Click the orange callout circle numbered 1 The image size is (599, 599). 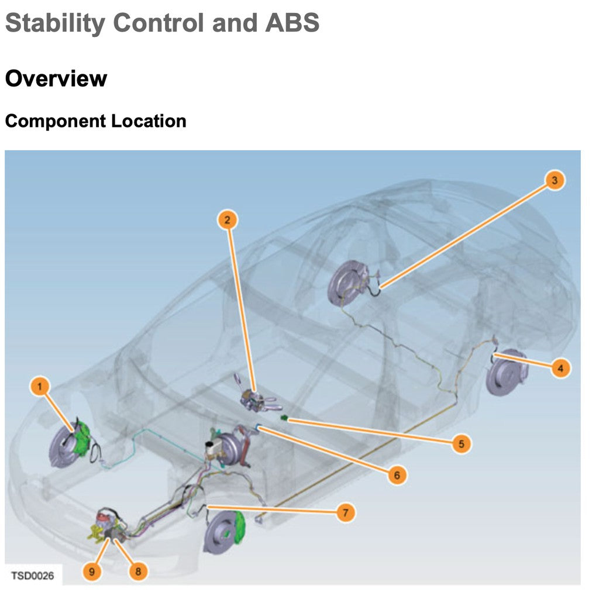coord(40,386)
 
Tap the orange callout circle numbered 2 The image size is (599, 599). coord(228,219)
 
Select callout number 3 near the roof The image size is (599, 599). coord(555,180)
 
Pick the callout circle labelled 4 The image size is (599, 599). coord(560,369)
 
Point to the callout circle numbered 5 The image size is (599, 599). coord(461,444)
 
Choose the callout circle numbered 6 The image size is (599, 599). coord(397,475)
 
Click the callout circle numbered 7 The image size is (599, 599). coord(346,513)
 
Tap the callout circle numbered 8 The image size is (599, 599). coord(138,571)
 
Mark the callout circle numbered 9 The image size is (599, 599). coord(92,571)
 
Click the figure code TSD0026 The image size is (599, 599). coord(33,576)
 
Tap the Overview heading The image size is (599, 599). coord(56,78)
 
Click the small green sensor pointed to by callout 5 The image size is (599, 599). coord(284,418)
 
